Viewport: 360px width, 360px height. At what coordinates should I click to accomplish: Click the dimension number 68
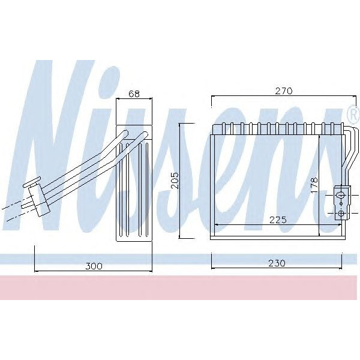point(134,94)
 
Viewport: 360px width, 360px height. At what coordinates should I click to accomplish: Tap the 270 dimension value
point(284,91)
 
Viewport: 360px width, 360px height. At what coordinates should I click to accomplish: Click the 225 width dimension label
point(277,219)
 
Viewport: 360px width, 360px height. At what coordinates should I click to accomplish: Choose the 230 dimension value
point(277,263)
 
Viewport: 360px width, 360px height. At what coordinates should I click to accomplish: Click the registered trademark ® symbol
point(352,112)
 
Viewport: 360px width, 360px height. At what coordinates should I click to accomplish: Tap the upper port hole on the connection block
point(341,194)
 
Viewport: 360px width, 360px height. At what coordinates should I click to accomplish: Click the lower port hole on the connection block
point(341,213)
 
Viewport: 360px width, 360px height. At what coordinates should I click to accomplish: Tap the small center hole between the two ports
point(341,203)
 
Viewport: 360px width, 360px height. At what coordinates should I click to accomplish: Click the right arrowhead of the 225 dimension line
point(340,225)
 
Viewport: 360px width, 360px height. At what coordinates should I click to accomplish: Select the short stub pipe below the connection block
point(26,206)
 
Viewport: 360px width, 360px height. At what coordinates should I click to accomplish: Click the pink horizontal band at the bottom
point(180,288)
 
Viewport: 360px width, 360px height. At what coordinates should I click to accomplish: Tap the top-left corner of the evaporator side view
point(116,127)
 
